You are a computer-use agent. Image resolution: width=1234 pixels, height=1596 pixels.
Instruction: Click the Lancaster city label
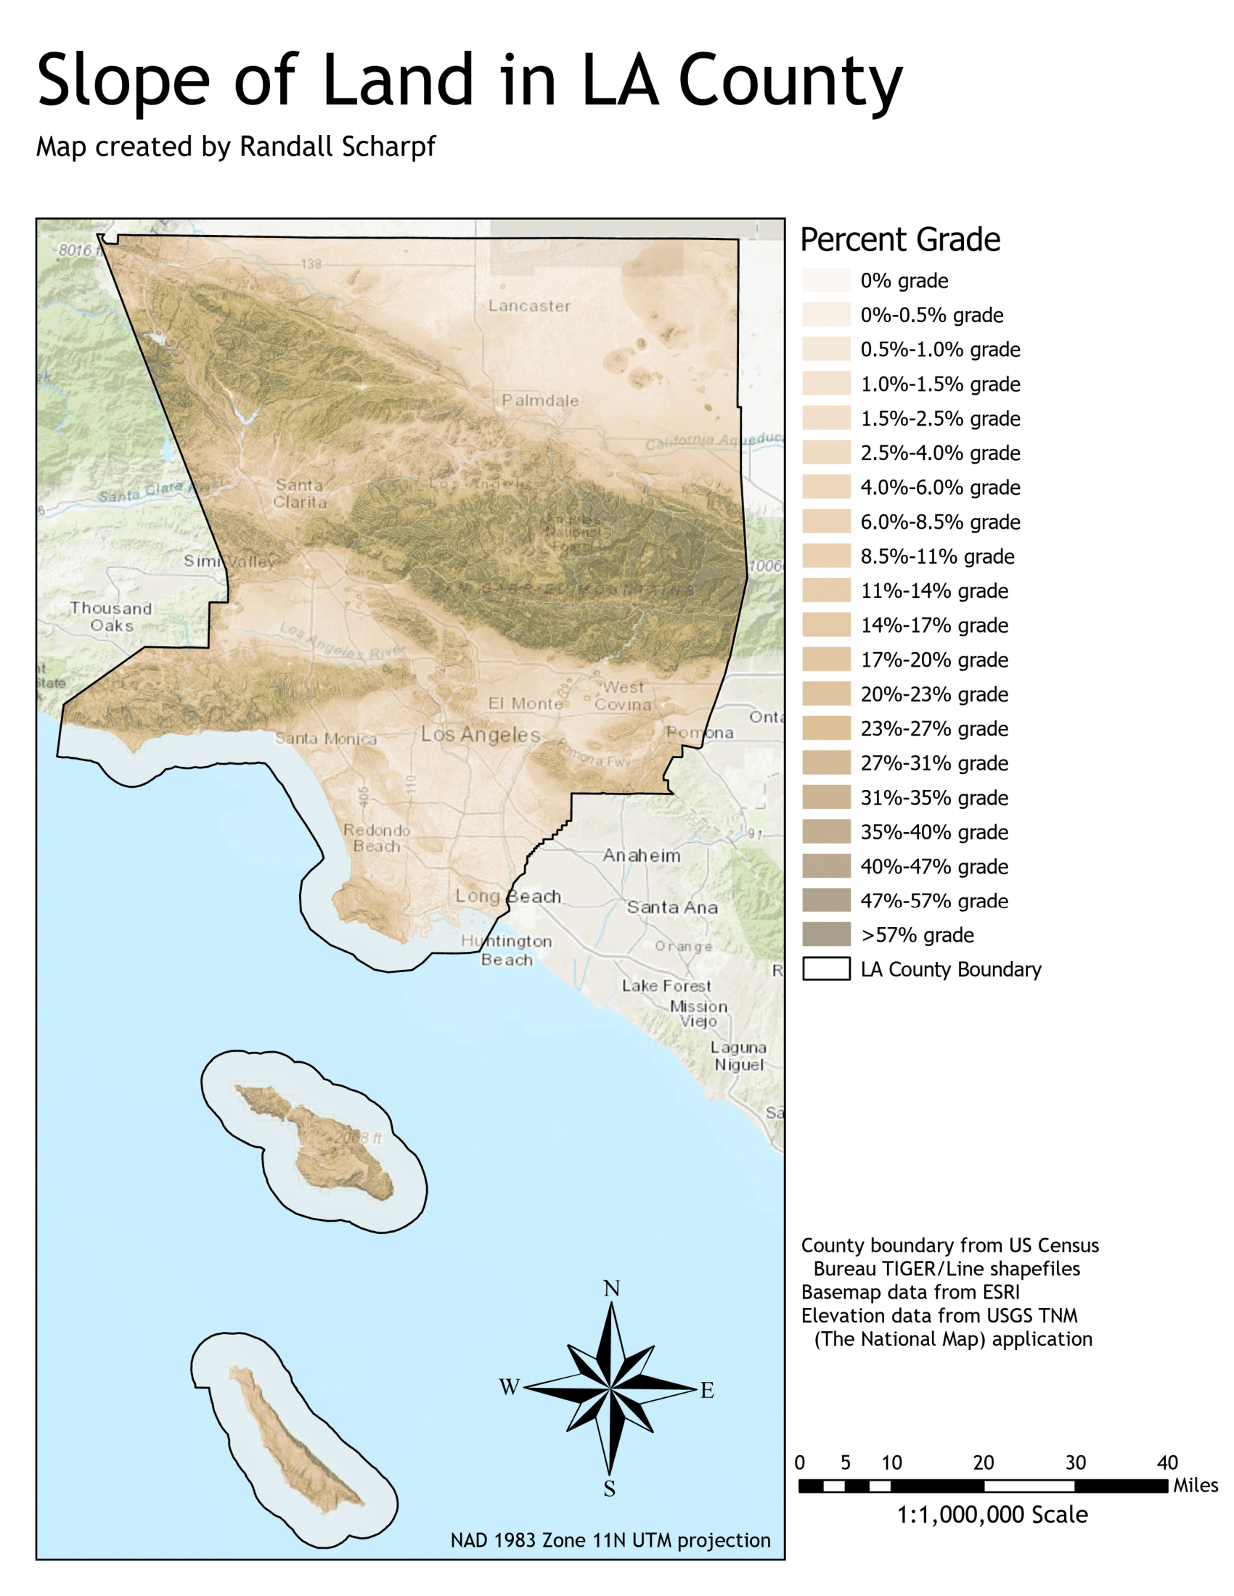pos(529,306)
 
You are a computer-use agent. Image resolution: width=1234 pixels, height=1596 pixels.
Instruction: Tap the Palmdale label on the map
pos(539,400)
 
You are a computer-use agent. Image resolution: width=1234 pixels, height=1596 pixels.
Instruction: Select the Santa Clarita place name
pos(300,493)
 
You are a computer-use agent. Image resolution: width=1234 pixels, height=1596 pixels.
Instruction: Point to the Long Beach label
pos(508,896)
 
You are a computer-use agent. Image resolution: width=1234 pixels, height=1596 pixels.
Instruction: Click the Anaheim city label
pos(641,855)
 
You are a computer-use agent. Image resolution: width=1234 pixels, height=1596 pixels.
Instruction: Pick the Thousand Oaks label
pos(111,617)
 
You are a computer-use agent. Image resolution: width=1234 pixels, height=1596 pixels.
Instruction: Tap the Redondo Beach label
pos(377,838)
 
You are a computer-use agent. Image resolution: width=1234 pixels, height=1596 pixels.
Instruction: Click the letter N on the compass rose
pos(611,1288)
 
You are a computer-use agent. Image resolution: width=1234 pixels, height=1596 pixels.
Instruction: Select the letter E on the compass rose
pos(707,1390)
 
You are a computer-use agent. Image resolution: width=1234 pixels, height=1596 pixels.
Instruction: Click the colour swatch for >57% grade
pos(826,934)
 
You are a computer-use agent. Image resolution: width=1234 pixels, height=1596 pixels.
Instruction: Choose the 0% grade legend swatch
pos(826,281)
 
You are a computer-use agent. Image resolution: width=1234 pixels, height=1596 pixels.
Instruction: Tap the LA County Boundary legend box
pos(826,969)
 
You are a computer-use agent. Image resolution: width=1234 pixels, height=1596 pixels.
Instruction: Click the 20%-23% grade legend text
pos(933,694)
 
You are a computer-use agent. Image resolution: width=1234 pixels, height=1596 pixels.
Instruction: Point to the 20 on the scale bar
pos(984,1463)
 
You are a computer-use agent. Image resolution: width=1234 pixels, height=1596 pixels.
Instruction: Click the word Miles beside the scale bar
pos(1196,1486)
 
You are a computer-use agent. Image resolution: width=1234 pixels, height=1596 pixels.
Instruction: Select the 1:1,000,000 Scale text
pos(992,1514)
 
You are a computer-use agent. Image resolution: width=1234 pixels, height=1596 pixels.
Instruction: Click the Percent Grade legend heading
pos(900,239)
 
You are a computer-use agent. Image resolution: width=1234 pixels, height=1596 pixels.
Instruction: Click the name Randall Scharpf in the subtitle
pos(337,147)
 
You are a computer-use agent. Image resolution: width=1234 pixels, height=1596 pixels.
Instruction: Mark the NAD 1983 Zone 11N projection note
pos(610,1540)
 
